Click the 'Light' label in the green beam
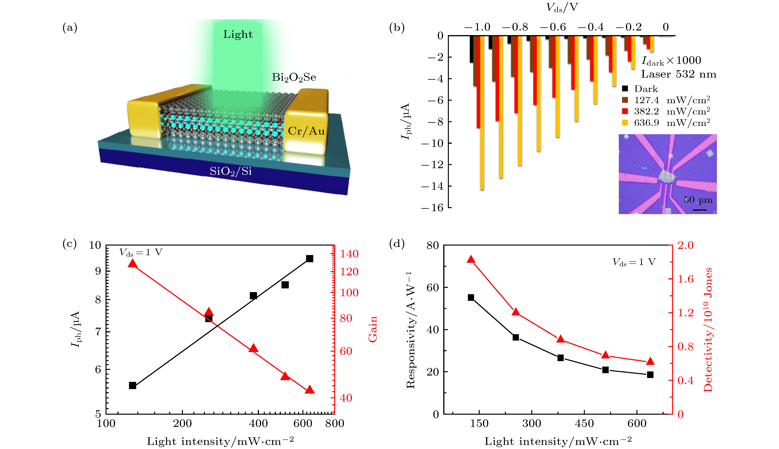point(238,34)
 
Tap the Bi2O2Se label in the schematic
point(294,77)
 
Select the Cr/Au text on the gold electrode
point(306,131)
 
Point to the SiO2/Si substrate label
point(231,171)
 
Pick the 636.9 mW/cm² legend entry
point(672,123)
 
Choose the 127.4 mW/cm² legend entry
point(672,100)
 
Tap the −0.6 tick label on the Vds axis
point(553,27)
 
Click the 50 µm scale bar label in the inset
point(698,200)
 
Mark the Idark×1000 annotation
point(671,61)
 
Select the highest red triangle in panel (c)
point(133,263)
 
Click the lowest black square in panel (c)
point(133,385)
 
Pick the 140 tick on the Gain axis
point(349,254)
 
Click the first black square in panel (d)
point(471,298)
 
